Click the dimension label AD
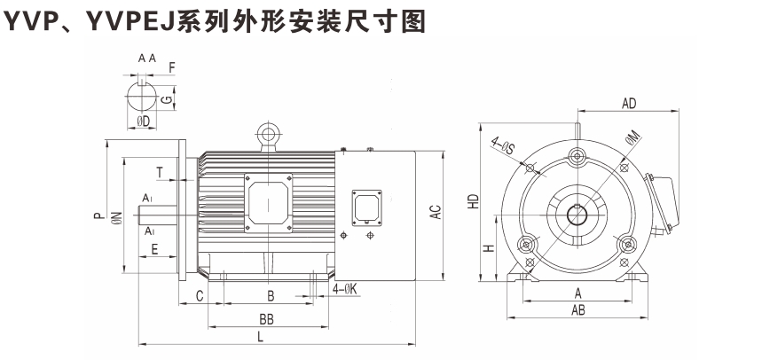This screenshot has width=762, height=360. pos(629,104)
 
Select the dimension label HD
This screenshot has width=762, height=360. pos(475,202)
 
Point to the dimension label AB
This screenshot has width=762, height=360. pos(578,309)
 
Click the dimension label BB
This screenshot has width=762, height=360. pos(265,318)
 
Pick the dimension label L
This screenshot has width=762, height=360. pos(260,338)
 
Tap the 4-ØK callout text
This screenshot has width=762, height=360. pos(346,289)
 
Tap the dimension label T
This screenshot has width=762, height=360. pos(159,171)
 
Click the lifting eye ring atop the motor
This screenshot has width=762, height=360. pos(265,135)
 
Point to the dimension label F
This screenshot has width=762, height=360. pos(171,67)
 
